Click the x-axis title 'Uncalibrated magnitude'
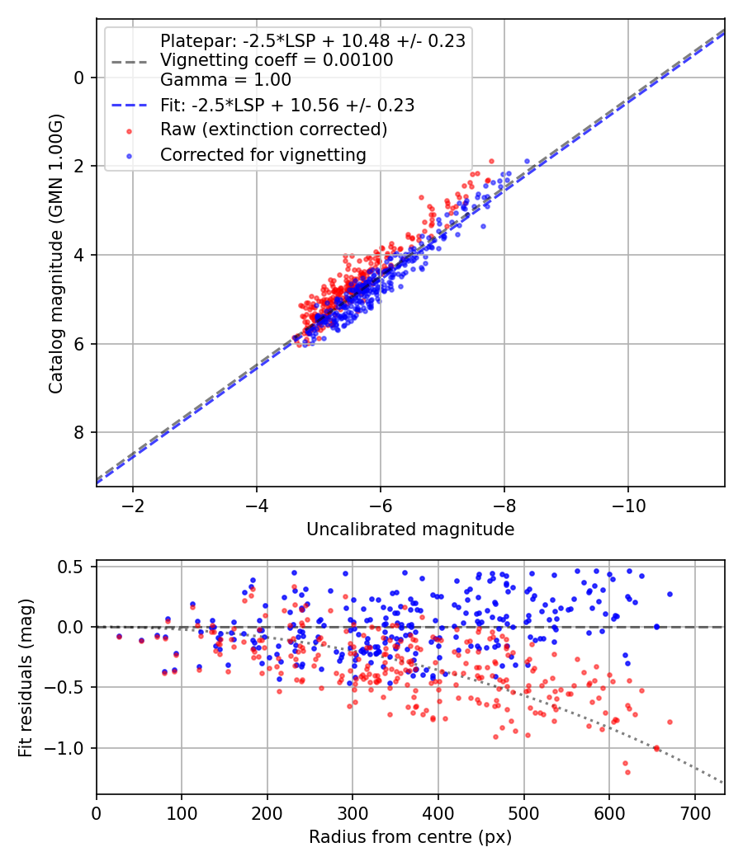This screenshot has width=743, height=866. [410, 529]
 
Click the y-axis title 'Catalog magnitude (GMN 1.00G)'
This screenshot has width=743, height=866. [56, 253]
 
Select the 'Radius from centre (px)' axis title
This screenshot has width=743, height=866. [410, 837]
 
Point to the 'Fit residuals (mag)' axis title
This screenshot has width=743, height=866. [26, 678]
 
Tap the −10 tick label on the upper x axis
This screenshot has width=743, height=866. [627, 506]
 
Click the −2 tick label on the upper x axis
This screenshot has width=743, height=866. [132, 506]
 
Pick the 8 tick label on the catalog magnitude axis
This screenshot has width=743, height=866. [79, 432]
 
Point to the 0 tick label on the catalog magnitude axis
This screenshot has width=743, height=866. [79, 78]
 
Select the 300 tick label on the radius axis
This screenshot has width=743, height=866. [353, 813]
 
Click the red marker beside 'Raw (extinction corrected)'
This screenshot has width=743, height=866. [129, 131]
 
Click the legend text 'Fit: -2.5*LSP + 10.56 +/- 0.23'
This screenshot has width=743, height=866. [287, 105]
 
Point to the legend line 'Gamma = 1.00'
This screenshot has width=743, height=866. [225, 79]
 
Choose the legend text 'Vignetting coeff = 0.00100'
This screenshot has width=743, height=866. [277, 59]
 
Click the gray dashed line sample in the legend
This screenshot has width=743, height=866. [129, 62]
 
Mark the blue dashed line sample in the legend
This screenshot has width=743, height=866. [129, 105]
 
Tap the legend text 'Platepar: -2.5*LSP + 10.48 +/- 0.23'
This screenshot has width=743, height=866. [313, 41]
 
